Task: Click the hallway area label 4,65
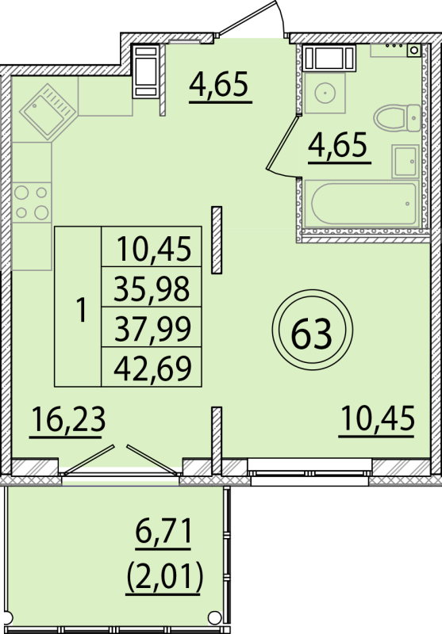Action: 220,82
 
